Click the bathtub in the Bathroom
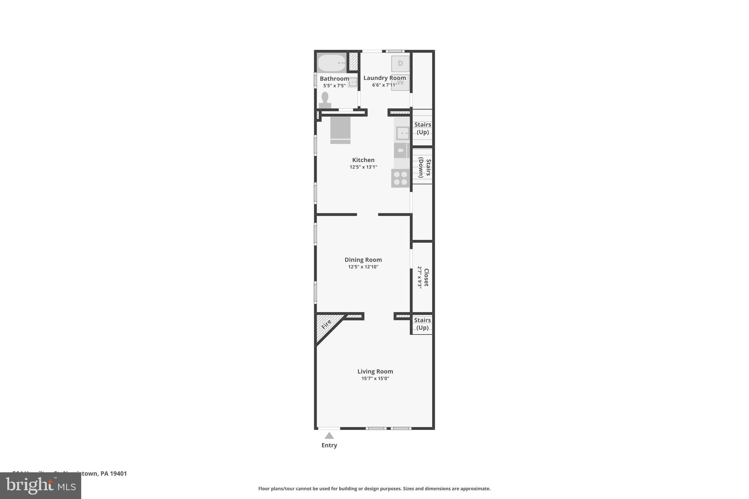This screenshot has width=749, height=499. pos(331,63)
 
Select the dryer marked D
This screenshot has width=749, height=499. pos(400,64)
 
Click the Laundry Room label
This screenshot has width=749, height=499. pos(384,78)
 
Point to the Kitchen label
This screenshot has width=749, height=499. pos(363,160)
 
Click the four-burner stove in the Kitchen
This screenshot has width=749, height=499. pos(400,178)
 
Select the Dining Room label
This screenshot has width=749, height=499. pos(363,260)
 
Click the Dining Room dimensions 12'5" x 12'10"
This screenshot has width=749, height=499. pos(363,267)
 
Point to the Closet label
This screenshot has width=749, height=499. pos(426,277)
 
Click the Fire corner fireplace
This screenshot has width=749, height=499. pos(327,325)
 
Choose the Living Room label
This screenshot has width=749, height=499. pos(375,371)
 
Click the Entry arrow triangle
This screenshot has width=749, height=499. pos(329,436)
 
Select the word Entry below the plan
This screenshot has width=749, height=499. pos(329,445)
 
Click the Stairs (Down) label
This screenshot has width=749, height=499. pos(424,167)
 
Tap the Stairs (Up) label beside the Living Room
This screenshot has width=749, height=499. pos(422,324)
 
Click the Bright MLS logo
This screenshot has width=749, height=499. pos(41,485)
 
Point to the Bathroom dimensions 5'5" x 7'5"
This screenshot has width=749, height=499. pos(334,86)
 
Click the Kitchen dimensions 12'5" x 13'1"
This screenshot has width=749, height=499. pos(363,167)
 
